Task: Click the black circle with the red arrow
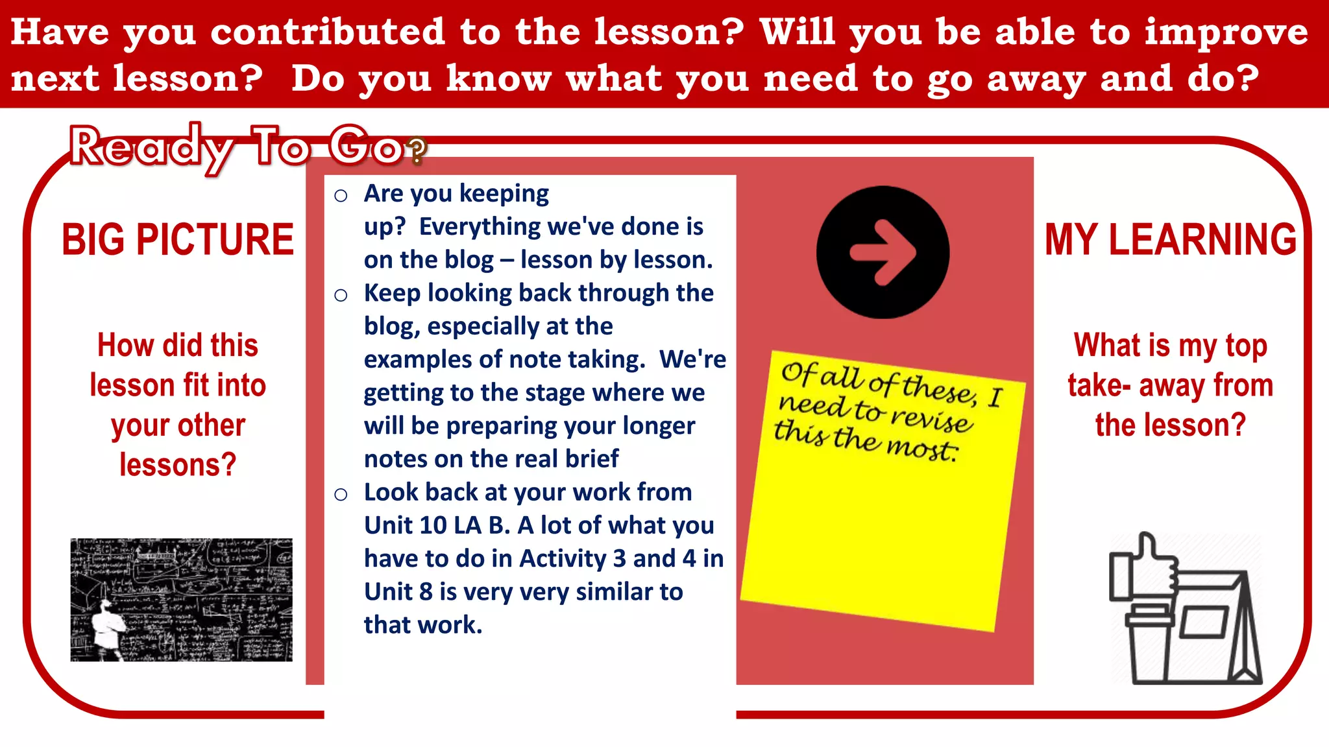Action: pos(883,252)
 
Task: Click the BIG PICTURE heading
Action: pos(178,239)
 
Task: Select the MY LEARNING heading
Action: pos(1170,239)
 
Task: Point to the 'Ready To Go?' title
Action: pos(247,148)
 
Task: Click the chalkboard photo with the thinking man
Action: pos(181,599)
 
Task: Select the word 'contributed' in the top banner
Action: pos(327,32)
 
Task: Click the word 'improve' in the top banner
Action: pos(1226,32)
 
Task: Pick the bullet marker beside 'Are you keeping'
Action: pos(341,195)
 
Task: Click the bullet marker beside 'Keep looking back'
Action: pos(341,295)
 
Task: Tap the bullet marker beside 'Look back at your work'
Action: pos(341,494)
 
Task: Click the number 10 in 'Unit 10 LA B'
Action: pos(432,525)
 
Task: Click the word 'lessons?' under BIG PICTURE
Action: pos(178,465)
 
